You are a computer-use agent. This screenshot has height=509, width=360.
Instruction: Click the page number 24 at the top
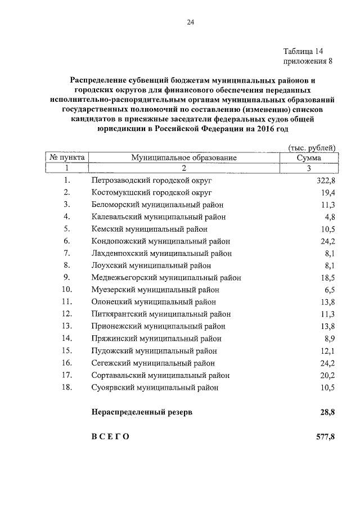[x=190, y=22]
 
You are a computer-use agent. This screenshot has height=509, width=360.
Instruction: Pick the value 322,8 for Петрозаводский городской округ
[x=325, y=180]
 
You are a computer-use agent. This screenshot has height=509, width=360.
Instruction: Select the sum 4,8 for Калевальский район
[x=330, y=217]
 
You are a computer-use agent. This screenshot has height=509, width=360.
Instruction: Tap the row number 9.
[x=66, y=277]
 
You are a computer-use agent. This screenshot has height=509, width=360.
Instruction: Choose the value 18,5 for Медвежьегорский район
[x=327, y=277]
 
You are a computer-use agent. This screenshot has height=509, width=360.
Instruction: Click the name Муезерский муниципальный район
[x=155, y=290]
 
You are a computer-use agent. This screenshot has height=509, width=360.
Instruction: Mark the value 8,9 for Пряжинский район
[x=330, y=339]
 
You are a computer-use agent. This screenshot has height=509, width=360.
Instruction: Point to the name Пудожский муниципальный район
[x=154, y=350]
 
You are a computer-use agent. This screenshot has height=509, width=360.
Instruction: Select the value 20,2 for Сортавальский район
[x=327, y=375]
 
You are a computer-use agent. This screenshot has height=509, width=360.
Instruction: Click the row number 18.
[x=66, y=387]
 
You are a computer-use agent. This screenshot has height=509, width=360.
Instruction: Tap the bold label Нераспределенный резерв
[x=142, y=412]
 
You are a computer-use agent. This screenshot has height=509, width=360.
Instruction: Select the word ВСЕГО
[x=110, y=436]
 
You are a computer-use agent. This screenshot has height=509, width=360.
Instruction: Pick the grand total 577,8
[x=325, y=436]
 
